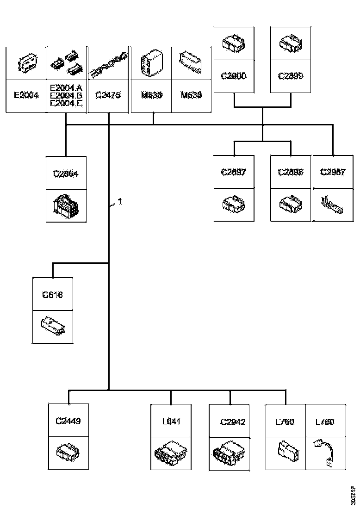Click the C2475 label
(107, 95)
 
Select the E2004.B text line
(66, 95)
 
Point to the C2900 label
(234, 76)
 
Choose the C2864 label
(66, 174)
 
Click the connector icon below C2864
(66, 206)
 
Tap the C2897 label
(234, 172)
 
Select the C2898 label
(291, 172)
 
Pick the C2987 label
(333, 172)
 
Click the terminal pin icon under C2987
(333, 205)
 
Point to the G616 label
(52, 294)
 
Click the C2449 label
(68, 421)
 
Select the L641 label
(171, 422)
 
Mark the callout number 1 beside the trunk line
(119, 202)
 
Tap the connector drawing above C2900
(234, 44)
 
